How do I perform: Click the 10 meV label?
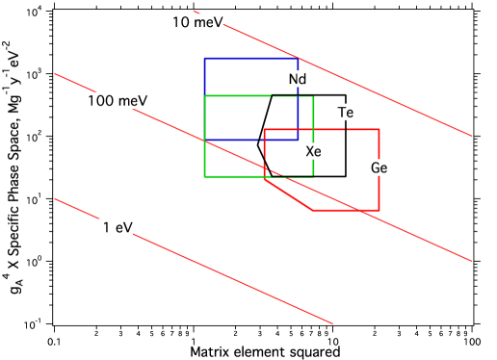click(196, 22)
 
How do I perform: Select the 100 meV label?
click(118, 101)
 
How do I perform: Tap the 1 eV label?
click(115, 228)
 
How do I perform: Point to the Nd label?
click(296, 79)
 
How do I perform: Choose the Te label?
click(345, 113)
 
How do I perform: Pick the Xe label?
click(313, 151)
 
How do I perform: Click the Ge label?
click(379, 167)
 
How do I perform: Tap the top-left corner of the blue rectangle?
click(204, 59)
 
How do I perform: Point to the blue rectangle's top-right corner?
click(299, 59)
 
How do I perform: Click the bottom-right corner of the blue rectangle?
click(299, 140)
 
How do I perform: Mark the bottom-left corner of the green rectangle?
click(204, 176)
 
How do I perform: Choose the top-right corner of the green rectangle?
click(314, 96)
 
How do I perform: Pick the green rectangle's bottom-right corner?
click(314, 176)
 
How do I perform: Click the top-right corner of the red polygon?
click(379, 129)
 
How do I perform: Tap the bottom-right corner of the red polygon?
click(379, 209)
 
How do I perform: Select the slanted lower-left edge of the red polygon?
click(288, 193)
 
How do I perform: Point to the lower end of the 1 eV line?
click(331, 322)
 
